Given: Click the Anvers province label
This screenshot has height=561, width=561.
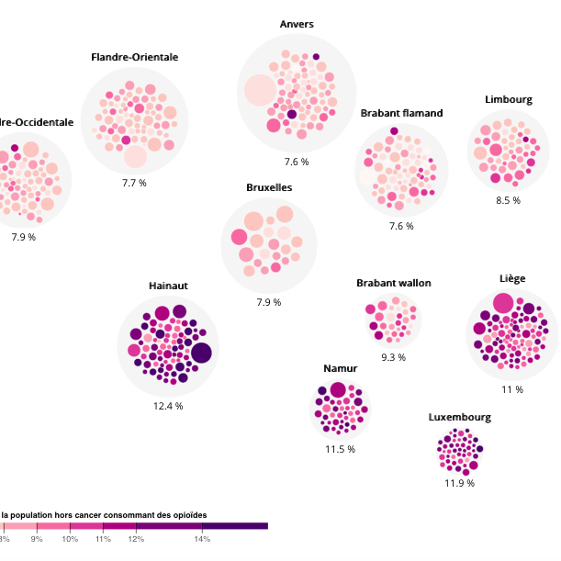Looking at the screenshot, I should point(297,24).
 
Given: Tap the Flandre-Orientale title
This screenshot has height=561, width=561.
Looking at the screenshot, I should point(135,57).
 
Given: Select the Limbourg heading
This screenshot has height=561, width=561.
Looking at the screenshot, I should point(509,100).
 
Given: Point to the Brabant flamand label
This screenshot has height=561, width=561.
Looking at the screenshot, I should point(401,113).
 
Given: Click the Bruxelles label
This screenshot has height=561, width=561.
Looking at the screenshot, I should point(269,187).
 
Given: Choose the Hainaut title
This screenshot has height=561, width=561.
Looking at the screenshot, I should point(168,286).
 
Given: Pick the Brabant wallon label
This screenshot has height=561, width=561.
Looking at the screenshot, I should point(393,283).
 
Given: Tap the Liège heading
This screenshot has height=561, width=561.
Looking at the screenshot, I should point(512,278).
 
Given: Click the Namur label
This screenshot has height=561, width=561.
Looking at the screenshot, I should point(340,368).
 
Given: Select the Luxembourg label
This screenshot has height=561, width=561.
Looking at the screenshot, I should point(459,417).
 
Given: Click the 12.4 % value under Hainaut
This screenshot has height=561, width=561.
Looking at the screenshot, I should point(168,405).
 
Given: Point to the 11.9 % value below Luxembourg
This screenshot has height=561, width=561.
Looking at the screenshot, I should point(459,483).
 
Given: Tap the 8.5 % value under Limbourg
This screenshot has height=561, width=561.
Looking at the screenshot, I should point(508,200).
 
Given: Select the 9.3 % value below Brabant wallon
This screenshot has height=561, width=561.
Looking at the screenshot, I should point(393,357).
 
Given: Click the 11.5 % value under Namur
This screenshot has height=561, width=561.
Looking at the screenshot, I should point(340,449).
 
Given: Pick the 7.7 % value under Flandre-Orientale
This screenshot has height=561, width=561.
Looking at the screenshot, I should point(135,183).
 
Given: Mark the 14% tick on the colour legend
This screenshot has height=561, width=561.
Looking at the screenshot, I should point(202,538).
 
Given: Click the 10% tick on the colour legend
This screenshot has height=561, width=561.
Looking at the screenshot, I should point(70,538).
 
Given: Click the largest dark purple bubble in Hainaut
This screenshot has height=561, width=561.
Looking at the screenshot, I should point(201,353).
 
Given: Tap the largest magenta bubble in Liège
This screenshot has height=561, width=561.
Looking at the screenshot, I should point(502,303).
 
